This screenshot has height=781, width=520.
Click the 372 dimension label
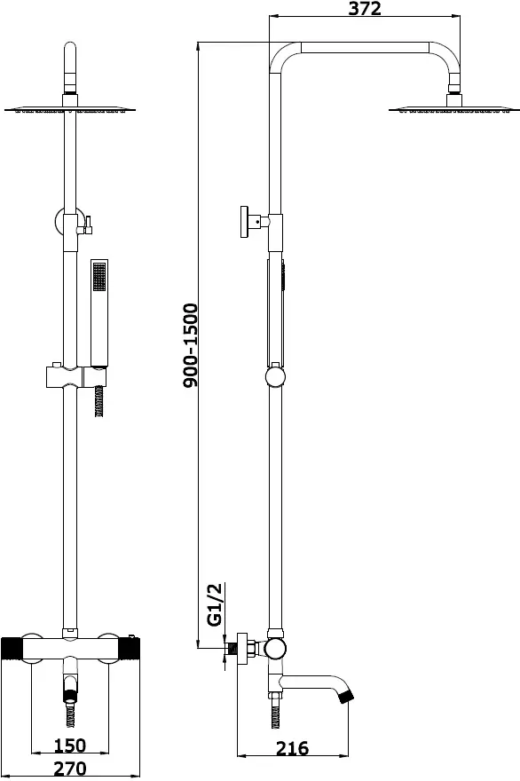click(365, 8)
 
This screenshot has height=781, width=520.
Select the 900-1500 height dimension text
click(190, 345)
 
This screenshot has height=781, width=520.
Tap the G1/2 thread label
click(214, 604)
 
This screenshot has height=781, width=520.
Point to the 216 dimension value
click(292, 747)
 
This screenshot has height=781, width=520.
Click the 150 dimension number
click(70, 745)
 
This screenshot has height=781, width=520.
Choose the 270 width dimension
click(70, 769)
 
